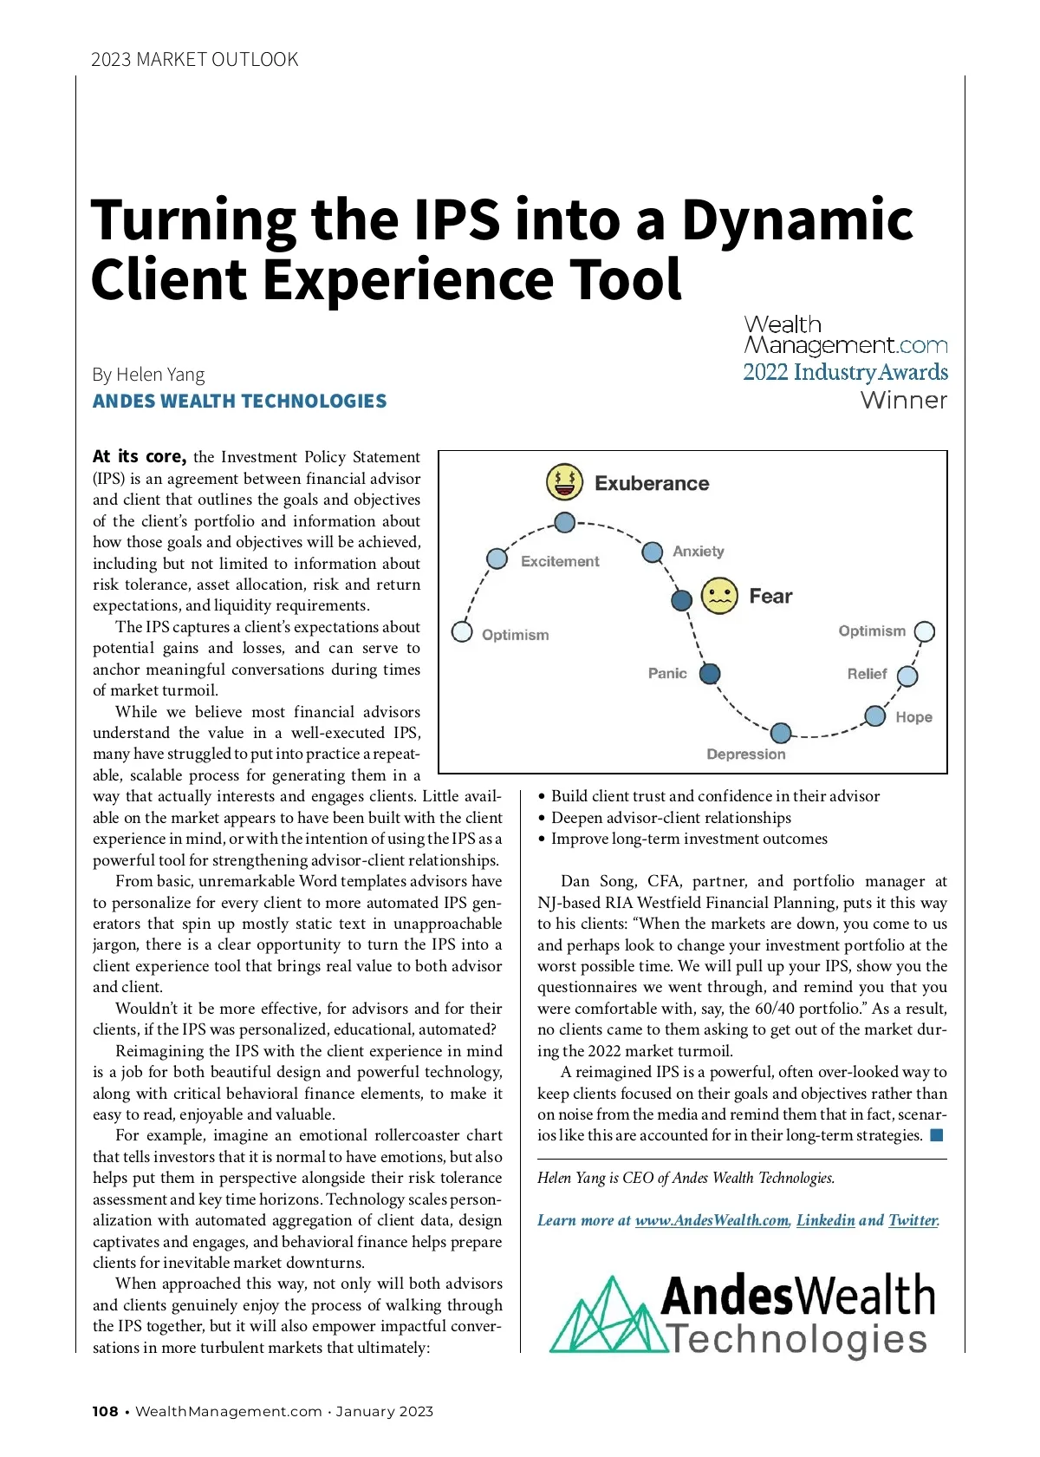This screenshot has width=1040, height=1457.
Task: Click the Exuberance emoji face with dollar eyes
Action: pyautogui.click(x=563, y=482)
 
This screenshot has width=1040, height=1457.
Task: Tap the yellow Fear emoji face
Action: pyautogui.click(x=719, y=596)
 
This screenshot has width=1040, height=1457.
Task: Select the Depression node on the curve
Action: pyautogui.click(x=781, y=733)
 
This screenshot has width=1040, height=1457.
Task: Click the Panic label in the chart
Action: pyautogui.click(x=667, y=673)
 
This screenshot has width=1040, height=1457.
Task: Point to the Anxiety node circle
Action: pyautogui.click(x=653, y=552)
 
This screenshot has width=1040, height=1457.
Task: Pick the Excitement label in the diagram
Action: pyautogui.click(x=560, y=561)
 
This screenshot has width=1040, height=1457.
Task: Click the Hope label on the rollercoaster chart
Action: pyautogui.click(x=913, y=717)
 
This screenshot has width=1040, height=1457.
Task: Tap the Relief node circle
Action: pyautogui.click(x=907, y=676)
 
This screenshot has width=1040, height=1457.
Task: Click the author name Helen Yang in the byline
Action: pyautogui.click(x=160, y=375)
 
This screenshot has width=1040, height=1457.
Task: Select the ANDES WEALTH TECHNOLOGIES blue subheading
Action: pyautogui.click(x=239, y=402)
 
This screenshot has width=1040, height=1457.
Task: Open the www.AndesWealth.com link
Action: pyautogui.click(x=712, y=1220)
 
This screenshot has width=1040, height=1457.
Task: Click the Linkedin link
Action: pyautogui.click(x=825, y=1220)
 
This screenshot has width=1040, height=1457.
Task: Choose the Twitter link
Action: pyautogui.click(x=913, y=1220)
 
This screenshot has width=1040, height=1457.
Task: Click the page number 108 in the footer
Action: pyautogui.click(x=105, y=1412)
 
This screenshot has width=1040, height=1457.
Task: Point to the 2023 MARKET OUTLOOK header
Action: pyautogui.click(x=194, y=60)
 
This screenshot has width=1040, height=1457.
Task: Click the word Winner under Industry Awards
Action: pyautogui.click(x=904, y=400)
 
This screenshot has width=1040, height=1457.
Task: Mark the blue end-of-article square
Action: pyautogui.click(x=936, y=1135)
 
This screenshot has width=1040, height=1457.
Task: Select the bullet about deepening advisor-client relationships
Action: pyautogui.click(x=671, y=818)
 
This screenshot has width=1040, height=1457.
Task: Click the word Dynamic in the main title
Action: pyautogui.click(x=797, y=220)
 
